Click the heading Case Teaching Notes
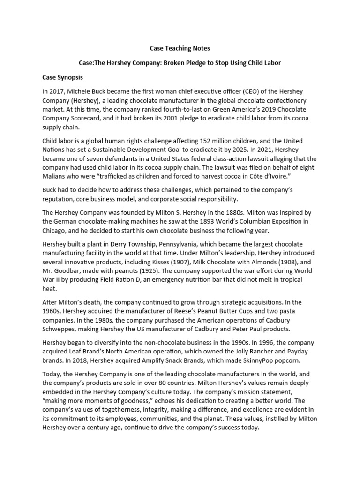pyautogui.click(x=180, y=48)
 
